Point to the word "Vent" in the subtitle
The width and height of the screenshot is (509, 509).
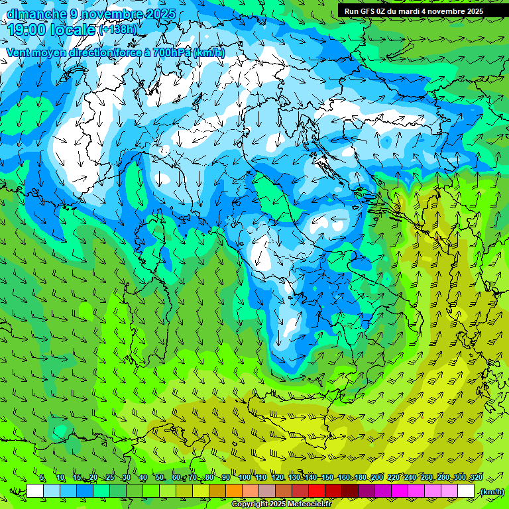pyautogui.click(x=18, y=52)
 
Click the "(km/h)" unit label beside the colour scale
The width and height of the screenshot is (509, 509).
pyautogui.click(x=491, y=492)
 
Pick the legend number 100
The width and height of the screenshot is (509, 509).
pyautogui.click(x=245, y=477)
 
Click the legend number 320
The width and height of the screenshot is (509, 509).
pyautogui.click(x=476, y=477)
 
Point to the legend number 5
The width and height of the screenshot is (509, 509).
pyautogui.click(x=42, y=477)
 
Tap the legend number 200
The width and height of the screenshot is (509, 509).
pyautogui.click(x=376, y=477)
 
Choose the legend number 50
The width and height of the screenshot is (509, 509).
pyautogui.click(x=160, y=477)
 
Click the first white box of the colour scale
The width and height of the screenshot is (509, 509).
pyautogui.click(x=35, y=491)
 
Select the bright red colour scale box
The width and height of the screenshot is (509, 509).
pyautogui.click(x=317, y=491)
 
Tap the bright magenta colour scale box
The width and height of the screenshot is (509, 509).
pyautogui.click(x=400, y=491)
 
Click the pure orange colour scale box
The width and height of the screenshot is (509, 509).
pyautogui.click(x=234, y=491)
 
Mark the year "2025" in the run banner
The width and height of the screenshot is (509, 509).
pyautogui.click(x=473, y=11)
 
